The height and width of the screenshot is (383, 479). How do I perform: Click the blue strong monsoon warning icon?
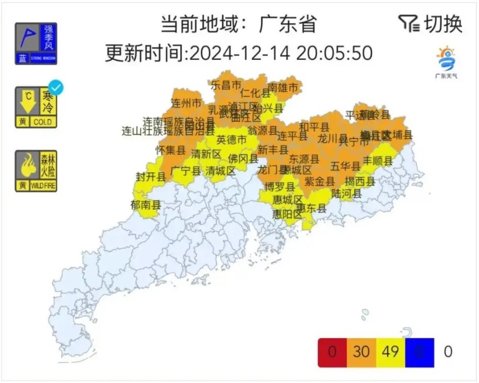click(36, 44)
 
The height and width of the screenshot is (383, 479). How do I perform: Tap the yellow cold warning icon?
click(36, 107)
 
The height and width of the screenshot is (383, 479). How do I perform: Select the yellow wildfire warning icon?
click(36, 171)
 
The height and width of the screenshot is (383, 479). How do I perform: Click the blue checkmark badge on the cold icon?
click(55, 87)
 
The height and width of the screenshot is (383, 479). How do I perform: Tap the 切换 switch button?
click(431, 24)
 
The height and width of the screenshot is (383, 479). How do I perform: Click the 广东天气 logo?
click(446, 62)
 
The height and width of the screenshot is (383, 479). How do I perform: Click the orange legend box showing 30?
click(361, 352)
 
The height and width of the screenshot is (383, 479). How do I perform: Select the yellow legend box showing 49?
click(391, 352)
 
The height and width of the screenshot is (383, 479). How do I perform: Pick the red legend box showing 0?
click(332, 352)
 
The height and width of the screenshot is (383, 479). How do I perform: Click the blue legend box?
click(420, 352)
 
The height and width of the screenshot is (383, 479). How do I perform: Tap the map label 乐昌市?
click(226, 84)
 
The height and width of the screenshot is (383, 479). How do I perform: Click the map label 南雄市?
click(283, 88)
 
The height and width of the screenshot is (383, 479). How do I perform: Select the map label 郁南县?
click(146, 205)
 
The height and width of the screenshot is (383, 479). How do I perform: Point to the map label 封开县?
click(151, 177)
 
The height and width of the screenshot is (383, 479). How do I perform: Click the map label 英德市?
click(231, 139)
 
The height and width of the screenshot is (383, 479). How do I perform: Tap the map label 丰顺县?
click(378, 161)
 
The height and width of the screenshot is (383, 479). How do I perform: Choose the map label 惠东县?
click(311, 208)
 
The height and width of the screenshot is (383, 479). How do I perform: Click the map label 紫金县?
click(320, 181)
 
